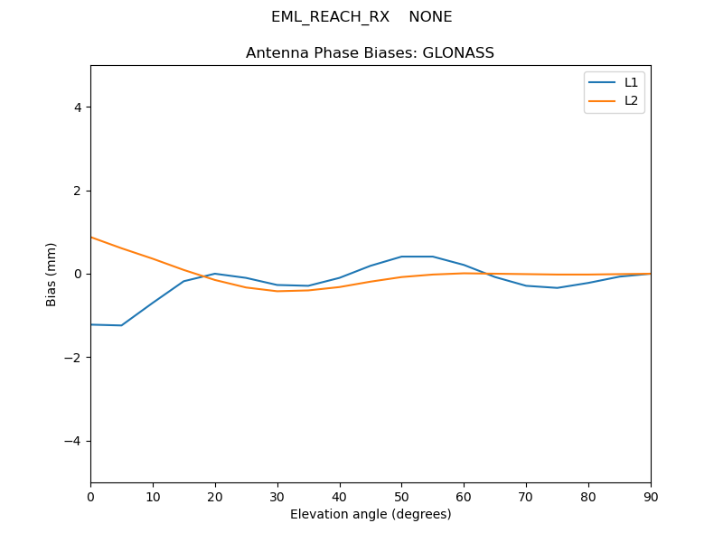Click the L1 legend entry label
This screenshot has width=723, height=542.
[631, 82]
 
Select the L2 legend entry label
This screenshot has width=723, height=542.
[631, 100]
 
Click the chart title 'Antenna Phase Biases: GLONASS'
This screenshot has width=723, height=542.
[370, 53]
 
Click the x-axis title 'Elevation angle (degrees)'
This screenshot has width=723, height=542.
[371, 514]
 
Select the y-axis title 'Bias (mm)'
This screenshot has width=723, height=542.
[52, 274]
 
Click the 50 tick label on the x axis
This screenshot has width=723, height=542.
[401, 496]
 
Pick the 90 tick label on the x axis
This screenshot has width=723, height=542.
[651, 496]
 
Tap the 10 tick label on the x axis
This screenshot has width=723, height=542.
[153, 496]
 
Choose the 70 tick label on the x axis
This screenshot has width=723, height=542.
[526, 496]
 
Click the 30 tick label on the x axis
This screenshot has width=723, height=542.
[277, 496]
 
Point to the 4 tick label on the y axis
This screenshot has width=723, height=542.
[78, 107]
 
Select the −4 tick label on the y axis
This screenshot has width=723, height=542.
[74, 441]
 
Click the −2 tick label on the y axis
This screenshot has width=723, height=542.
[74, 358]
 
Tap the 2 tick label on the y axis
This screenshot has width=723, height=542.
[78, 191]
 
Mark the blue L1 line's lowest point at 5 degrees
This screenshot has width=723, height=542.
[121, 325]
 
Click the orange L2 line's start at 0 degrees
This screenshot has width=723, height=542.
[91, 237]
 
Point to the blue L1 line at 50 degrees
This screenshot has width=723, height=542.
[401, 257]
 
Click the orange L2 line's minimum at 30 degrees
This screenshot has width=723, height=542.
[277, 291]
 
